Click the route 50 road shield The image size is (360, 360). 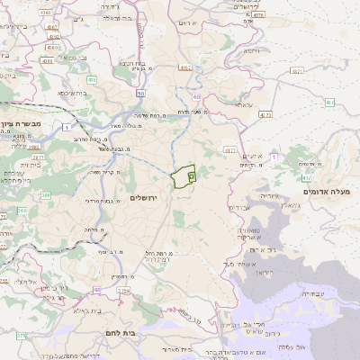[141, 93]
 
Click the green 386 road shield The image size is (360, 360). [45, 194]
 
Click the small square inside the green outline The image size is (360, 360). [192, 177]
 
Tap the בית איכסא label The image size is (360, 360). [71, 93]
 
